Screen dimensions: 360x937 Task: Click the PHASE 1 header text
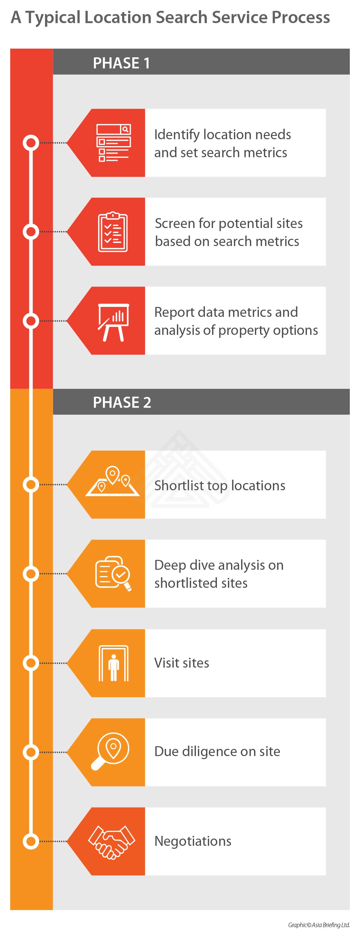(121, 63)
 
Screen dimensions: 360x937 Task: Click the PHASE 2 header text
(122, 402)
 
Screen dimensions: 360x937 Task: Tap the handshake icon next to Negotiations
(112, 841)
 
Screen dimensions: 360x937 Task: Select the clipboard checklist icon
(113, 232)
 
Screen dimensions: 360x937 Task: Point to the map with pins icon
(112, 481)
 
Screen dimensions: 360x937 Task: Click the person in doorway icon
(113, 663)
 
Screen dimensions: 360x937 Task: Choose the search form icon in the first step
(113, 143)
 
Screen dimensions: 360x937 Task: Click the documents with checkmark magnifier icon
(113, 573)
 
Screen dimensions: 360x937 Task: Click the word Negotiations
(193, 841)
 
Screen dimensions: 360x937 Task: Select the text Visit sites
(181, 663)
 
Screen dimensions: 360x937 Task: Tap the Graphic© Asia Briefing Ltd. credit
(319, 925)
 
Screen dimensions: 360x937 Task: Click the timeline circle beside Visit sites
(31, 663)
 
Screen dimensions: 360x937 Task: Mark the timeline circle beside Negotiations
(31, 841)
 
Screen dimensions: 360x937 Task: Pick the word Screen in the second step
(175, 223)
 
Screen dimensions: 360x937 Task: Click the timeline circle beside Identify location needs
(31, 143)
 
